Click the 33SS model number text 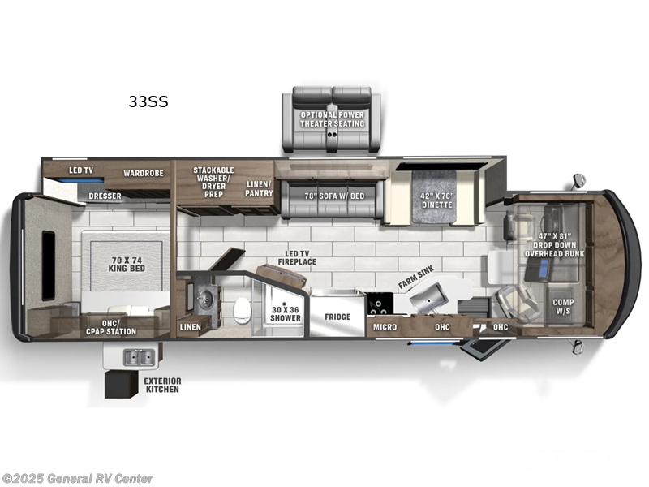148,102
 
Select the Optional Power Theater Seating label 333,119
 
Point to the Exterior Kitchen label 162,385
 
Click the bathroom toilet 242,308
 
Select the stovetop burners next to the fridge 378,308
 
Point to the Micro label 385,327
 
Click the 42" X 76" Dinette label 439,200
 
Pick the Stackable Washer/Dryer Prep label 213,182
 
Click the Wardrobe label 144,173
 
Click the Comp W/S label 564,307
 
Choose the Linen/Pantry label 259,189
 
